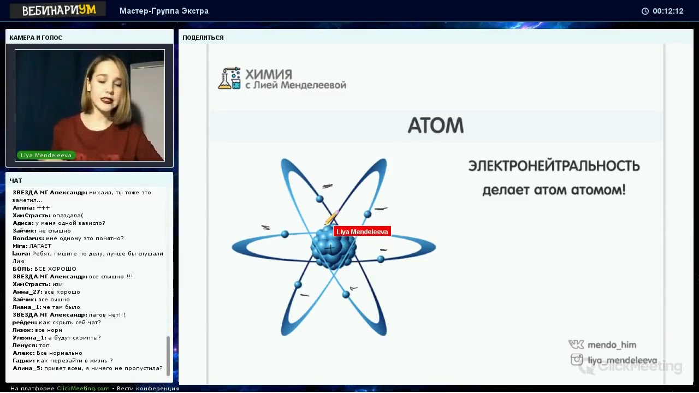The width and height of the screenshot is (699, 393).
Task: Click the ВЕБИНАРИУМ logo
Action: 58,10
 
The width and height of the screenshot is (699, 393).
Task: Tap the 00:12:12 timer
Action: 668,11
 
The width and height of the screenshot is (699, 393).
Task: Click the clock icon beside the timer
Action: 645,11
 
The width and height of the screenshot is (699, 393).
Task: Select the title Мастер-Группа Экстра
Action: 164,11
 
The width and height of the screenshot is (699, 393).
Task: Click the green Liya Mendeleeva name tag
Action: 46,155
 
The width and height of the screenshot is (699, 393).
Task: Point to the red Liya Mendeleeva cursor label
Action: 362,231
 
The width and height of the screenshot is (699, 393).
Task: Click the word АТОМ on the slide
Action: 436,126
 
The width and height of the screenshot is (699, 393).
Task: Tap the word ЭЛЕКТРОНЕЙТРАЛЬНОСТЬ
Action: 554,165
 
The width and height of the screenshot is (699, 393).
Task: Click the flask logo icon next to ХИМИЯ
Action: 229,78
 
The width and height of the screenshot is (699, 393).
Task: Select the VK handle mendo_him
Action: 612,344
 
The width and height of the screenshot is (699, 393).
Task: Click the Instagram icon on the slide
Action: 577,359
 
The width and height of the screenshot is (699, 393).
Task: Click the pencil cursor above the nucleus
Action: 331,217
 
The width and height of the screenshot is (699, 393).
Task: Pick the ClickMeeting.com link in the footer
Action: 83,388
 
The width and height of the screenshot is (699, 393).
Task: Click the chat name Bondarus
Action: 28,239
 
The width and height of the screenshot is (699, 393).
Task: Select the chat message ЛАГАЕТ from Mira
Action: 40,246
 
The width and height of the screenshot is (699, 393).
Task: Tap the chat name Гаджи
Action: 23,361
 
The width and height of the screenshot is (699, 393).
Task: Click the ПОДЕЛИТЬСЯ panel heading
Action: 203,38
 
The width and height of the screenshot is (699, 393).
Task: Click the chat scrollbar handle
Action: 168,355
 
